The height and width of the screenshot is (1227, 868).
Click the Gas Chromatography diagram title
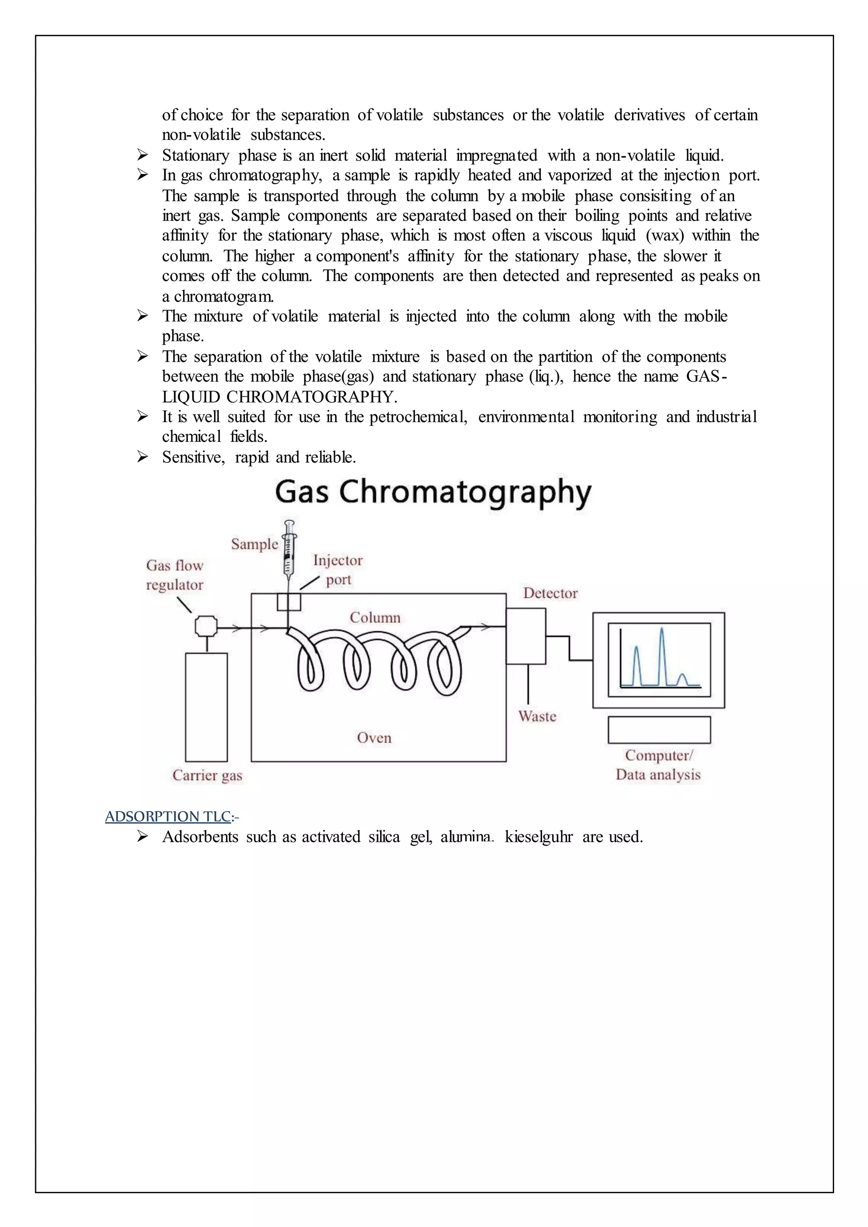point(433,492)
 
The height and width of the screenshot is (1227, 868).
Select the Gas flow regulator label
point(175,575)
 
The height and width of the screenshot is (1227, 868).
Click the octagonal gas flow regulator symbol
point(206,626)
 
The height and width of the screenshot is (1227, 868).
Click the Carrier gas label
point(207,775)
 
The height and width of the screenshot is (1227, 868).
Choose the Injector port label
point(338,570)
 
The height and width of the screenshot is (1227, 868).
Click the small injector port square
point(289,602)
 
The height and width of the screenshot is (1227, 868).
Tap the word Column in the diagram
point(375,618)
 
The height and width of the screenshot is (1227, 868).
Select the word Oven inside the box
point(374,738)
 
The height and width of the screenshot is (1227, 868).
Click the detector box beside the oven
point(526,636)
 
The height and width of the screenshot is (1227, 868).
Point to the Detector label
point(550,593)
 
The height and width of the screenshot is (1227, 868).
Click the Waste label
point(537,716)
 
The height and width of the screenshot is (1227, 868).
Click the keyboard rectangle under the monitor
point(659,730)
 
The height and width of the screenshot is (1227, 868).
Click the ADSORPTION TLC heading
point(168,816)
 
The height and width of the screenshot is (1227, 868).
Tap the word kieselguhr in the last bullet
point(538,837)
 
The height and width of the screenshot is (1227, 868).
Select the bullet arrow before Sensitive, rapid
point(142,457)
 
